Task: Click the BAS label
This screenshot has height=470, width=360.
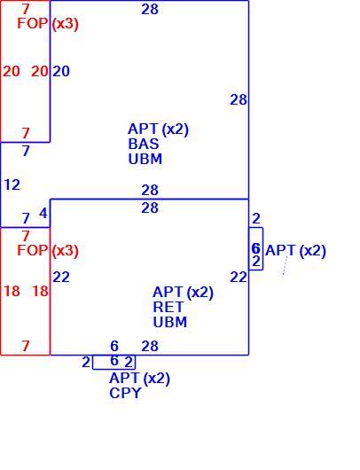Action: click(144, 144)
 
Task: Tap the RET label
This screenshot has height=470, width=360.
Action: click(168, 307)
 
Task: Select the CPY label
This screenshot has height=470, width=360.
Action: click(125, 393)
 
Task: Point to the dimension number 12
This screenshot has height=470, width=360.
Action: click(12, 184)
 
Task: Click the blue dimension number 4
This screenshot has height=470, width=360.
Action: click(43, 214)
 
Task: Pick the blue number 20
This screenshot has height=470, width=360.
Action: click(61, 71)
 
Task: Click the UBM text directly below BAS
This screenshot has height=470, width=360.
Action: click(145, 159)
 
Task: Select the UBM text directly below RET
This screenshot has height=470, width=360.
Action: click(170, 322)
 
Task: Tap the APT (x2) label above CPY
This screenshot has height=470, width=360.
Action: click(140, 379)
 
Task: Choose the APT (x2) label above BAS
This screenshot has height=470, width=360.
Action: click(158, 129)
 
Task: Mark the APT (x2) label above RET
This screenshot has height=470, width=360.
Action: click(184, 293)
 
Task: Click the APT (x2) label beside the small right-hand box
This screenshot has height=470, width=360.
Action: click(295, 251)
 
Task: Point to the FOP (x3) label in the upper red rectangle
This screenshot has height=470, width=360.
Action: click(48, 23)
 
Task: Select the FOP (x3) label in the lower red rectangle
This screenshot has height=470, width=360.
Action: click(48, 251)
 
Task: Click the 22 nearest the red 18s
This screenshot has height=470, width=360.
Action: click(61, 278)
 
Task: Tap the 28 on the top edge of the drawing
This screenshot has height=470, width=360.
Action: click(150, 9)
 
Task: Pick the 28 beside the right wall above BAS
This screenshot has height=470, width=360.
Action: click(239, 100)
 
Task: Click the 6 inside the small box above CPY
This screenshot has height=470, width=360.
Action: click(114, 361)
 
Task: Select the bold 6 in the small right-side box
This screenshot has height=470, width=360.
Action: click(255, 248)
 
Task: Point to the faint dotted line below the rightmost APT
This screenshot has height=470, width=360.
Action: click(285, 267)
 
